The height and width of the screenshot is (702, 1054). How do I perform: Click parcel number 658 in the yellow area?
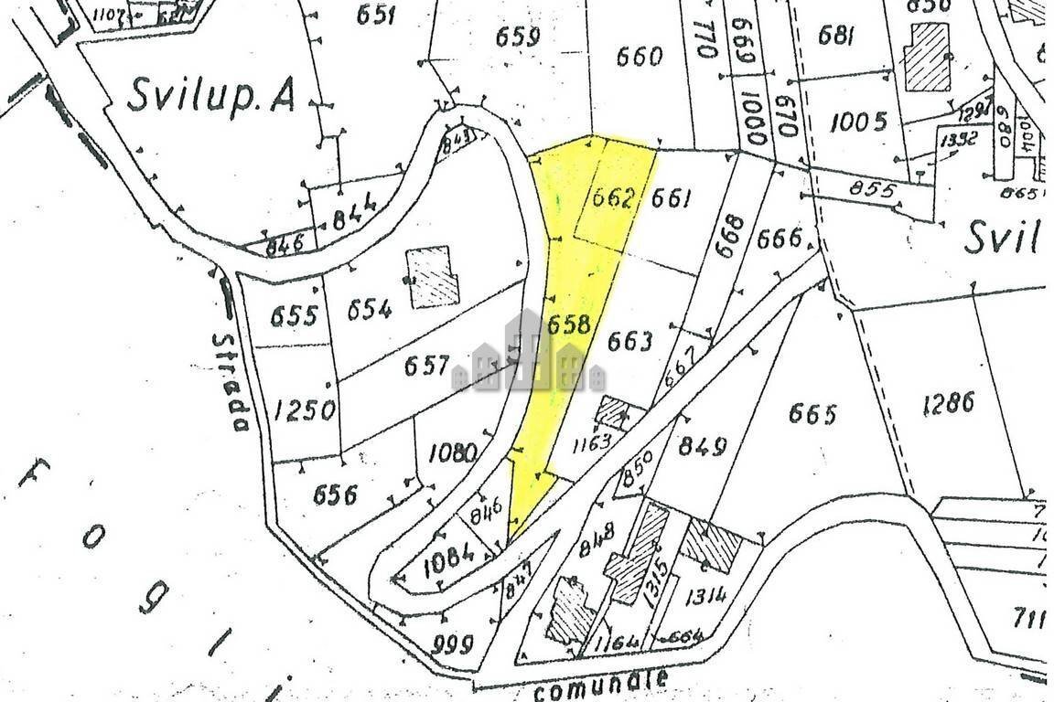[x=568, y=325]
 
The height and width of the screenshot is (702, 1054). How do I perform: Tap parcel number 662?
[x=613, y=198]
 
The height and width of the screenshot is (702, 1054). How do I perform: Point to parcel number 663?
[x=630, y=342]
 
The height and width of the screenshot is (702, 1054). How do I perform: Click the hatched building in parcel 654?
[x=432, y=276]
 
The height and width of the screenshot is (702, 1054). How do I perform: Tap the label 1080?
[x=453, y=452]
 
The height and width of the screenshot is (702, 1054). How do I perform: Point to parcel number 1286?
[x=949, y=403]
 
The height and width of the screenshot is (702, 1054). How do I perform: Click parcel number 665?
[x=812, y=414]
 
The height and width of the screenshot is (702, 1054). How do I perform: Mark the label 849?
[x=703, y=446]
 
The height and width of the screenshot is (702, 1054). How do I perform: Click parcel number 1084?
[x=448, y=555]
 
